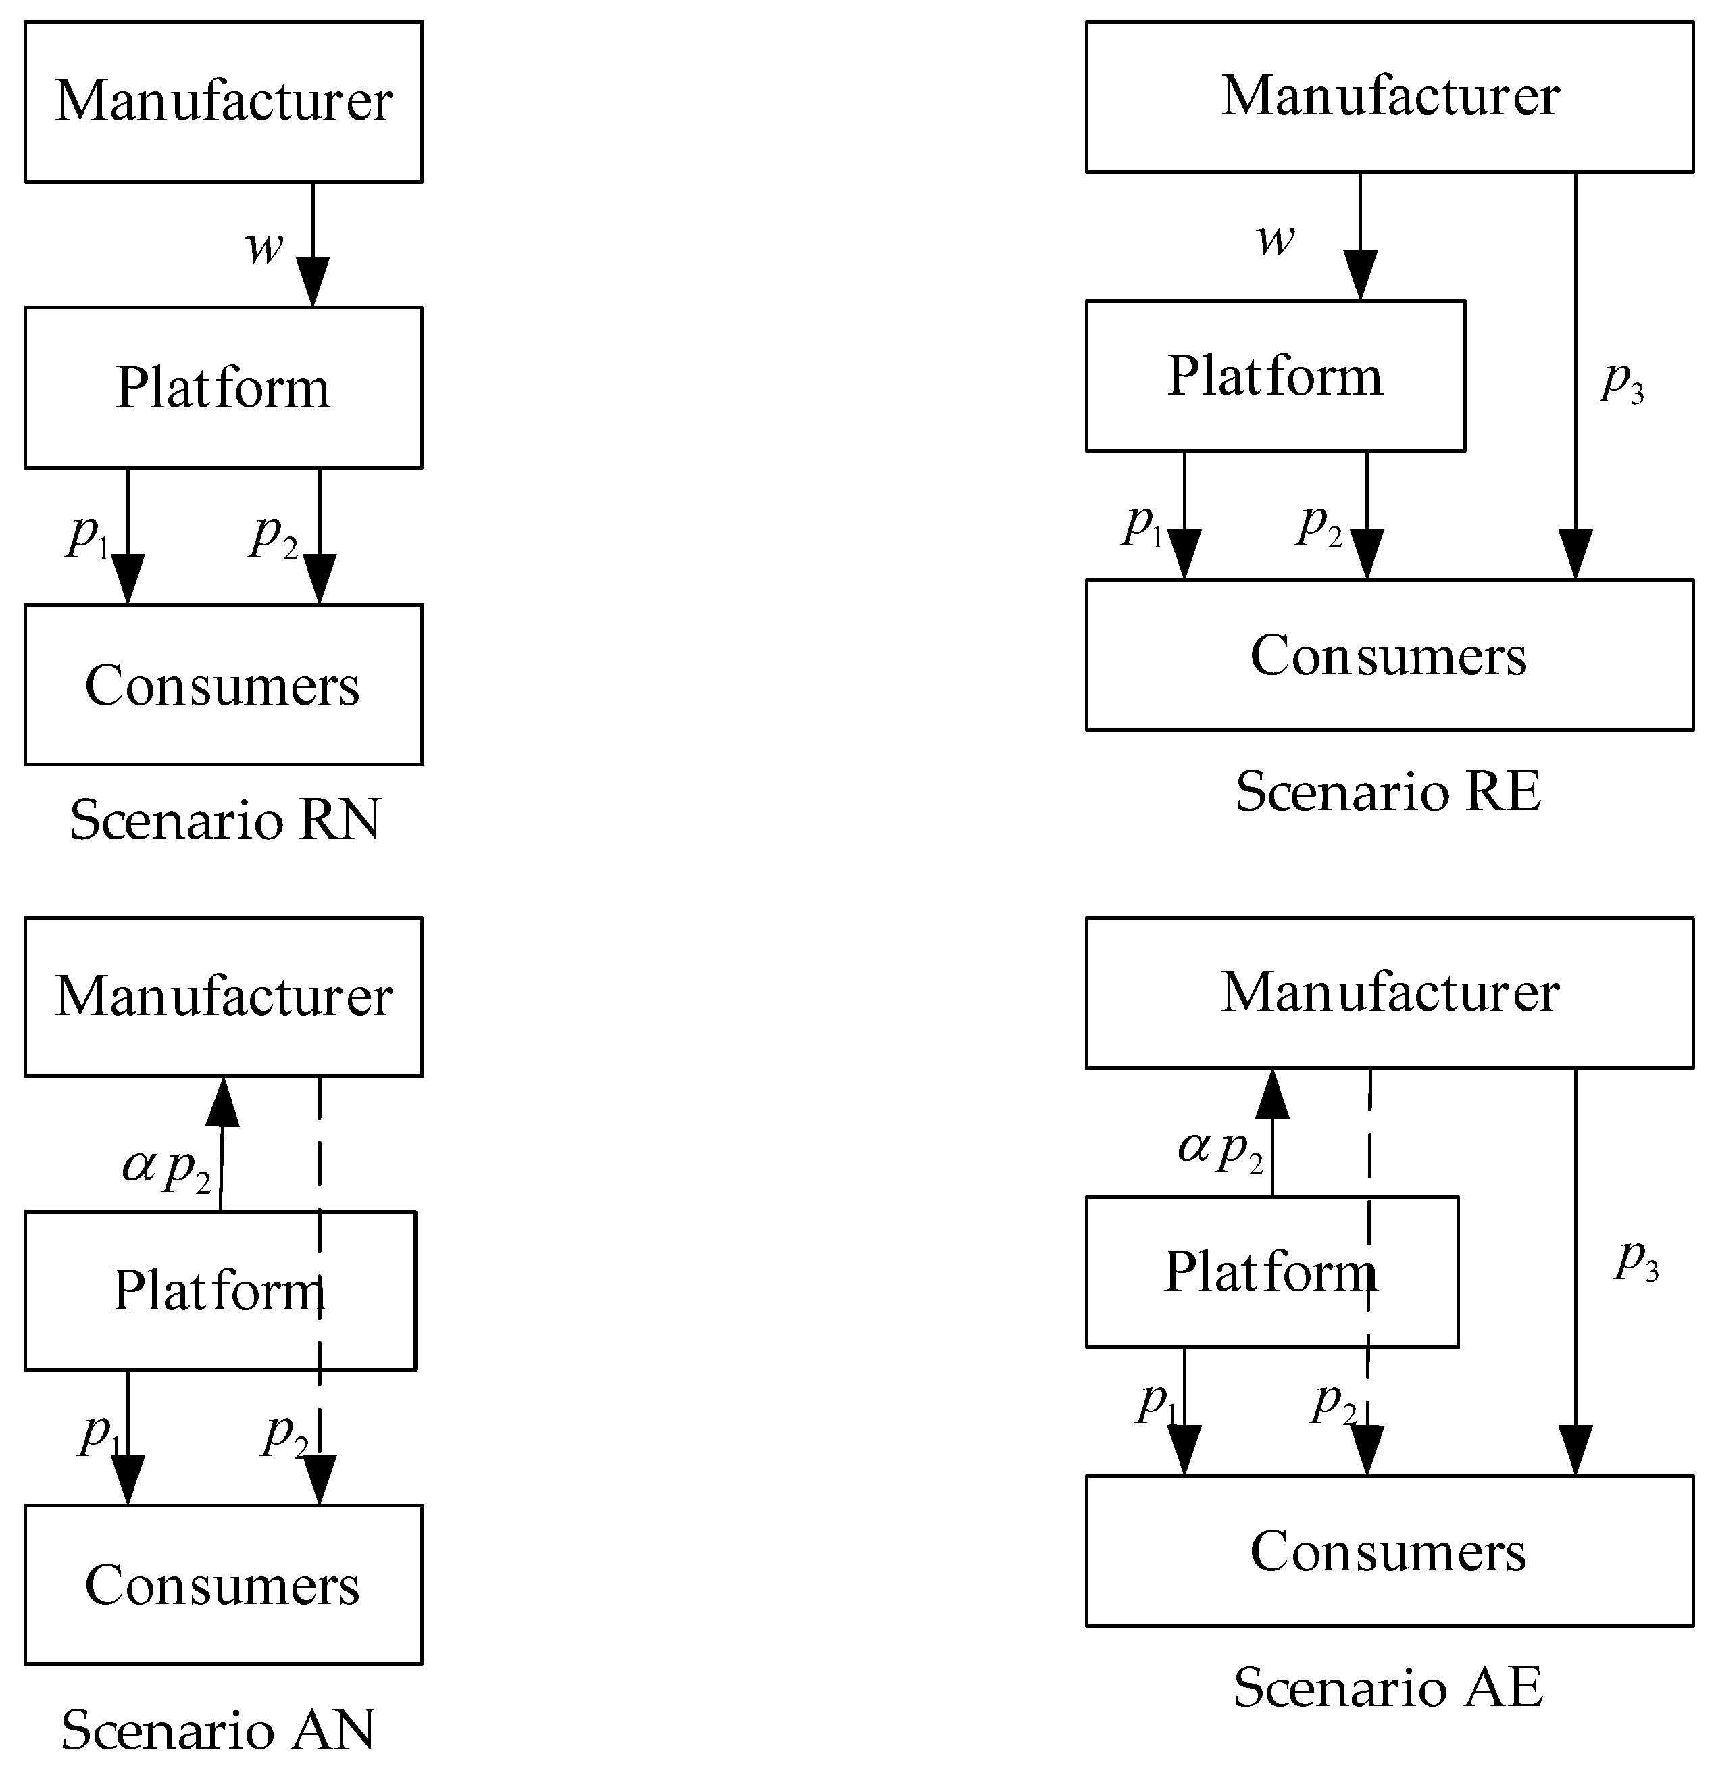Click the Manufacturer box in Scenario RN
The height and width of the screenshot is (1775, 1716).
(223, 101)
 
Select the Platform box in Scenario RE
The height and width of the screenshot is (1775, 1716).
(1274, 375)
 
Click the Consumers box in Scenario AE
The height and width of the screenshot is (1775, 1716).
(1388, 1551)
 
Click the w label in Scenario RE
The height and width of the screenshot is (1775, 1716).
(1275, 239)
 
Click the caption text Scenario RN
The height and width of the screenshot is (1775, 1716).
(224, 820)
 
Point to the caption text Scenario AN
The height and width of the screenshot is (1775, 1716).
(218, 1730)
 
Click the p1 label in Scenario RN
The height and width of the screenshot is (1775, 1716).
(89, 535)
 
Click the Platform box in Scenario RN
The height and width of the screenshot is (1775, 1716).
(223, 388)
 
